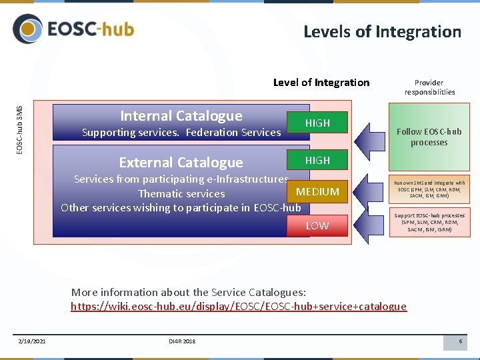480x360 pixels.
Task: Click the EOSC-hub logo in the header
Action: point(73,30)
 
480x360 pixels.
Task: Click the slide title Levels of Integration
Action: point(382,32)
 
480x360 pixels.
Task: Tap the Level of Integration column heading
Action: point(321,83)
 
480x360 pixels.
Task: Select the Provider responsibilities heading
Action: point(429,87)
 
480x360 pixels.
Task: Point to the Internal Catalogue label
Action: point(181,116)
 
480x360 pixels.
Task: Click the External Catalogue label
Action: point(181,163)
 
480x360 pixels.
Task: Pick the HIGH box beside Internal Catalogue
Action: point(317,123)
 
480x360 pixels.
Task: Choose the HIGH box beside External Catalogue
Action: point(317,160)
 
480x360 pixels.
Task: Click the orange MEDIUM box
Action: point(317,192)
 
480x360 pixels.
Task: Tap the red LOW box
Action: point(317,226)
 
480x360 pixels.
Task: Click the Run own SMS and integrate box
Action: point(429,189)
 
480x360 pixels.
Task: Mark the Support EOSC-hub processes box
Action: point(429,223)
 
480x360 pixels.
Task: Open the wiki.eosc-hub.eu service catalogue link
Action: point(239,307)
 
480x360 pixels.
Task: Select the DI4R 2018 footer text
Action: point(182,342)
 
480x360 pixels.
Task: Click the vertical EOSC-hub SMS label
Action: point(20,129)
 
